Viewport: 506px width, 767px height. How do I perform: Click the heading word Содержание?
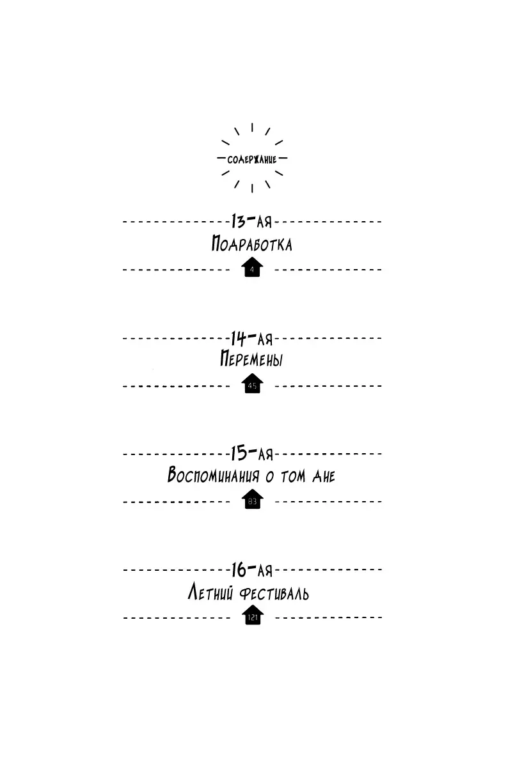pos(252,160)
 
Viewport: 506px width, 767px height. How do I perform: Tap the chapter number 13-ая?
pos(251,221)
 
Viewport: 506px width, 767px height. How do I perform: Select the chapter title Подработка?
pos(252,244)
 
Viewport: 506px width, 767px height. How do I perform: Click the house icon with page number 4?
pos(252,267)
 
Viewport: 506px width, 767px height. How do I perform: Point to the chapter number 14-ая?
pos(251,338)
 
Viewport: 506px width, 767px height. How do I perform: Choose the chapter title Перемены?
pos(251,359)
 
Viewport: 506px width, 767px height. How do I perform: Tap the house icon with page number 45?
pos(252,383)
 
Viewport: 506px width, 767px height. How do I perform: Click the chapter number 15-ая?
pos(252,454)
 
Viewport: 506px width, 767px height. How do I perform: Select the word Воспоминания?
pos(213,475)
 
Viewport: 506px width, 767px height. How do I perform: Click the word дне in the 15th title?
pos(324,476)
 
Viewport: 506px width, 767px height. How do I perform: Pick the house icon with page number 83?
pos(253,499)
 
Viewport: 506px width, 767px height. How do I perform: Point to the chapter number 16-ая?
pos(252,569)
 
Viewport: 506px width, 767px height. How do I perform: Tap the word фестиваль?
pos(274,593)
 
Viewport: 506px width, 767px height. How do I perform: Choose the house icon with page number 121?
pos(253,615)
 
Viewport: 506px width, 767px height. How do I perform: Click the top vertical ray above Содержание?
pos(252,127)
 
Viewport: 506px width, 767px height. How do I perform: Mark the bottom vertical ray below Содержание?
pos(252,189)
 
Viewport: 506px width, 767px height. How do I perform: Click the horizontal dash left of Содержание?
pos(221,159)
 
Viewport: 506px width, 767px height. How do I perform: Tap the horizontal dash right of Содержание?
pos(283,159)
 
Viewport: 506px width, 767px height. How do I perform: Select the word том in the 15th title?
pos(293,476)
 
